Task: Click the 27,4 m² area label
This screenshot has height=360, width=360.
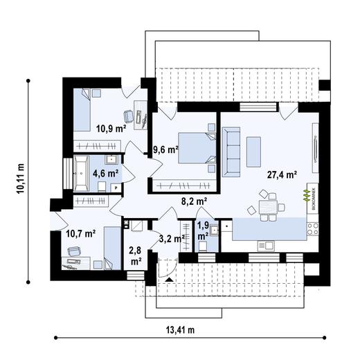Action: coord(282,175)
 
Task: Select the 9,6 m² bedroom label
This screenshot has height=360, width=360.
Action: coord(165,148)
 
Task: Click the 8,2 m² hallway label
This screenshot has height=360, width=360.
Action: coord(194,201)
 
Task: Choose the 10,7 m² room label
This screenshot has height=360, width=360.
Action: coord(80,233)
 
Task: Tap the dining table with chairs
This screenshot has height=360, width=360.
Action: coord(267,207)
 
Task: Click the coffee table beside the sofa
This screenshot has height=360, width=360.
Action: coord(254,147)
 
